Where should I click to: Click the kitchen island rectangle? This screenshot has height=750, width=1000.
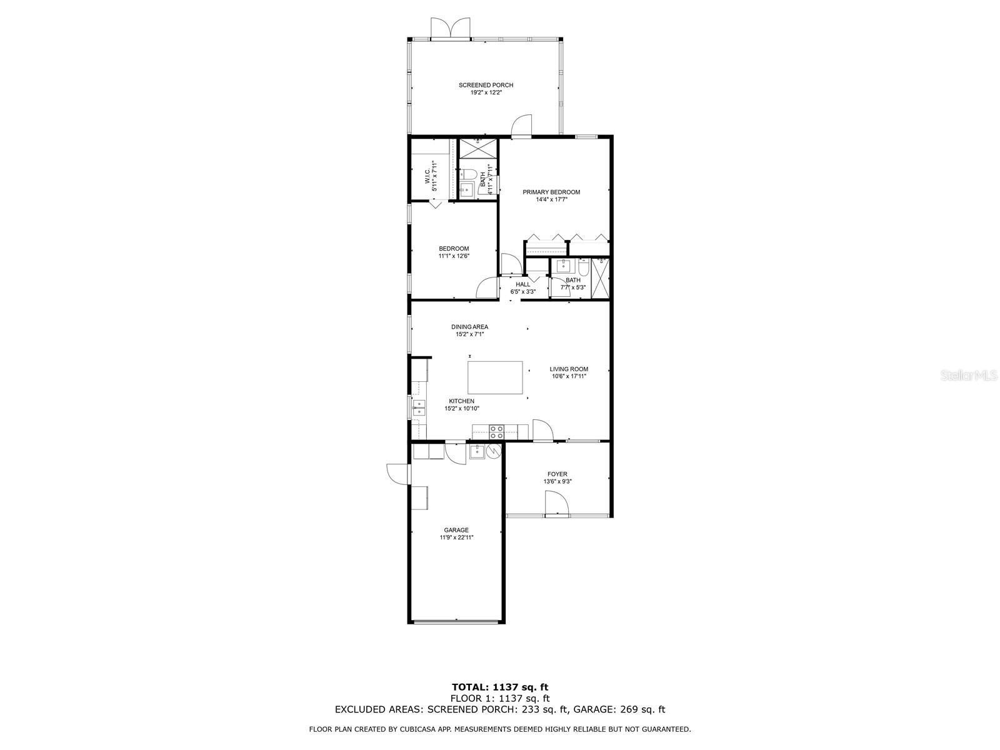[496, 377]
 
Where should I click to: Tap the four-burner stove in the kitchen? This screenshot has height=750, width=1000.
[497, 431]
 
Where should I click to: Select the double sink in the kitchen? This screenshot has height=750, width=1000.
[418, 407]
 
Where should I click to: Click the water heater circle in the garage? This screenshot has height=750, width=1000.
[494, 451]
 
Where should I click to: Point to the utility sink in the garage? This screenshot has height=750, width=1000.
[476, 451]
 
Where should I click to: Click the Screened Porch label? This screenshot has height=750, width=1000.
[486, 85]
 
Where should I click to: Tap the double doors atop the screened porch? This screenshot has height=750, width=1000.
[450, 29]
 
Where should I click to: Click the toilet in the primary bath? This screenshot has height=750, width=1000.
[469, 174]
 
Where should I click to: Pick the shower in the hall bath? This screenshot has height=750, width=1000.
[600, 279]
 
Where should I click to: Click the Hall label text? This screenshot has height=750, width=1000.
[522, 284]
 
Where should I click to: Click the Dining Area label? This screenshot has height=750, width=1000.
[469, 327]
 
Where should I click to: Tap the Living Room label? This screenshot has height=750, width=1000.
[569, 369]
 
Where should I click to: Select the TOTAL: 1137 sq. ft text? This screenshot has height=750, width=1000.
[500, 687]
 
